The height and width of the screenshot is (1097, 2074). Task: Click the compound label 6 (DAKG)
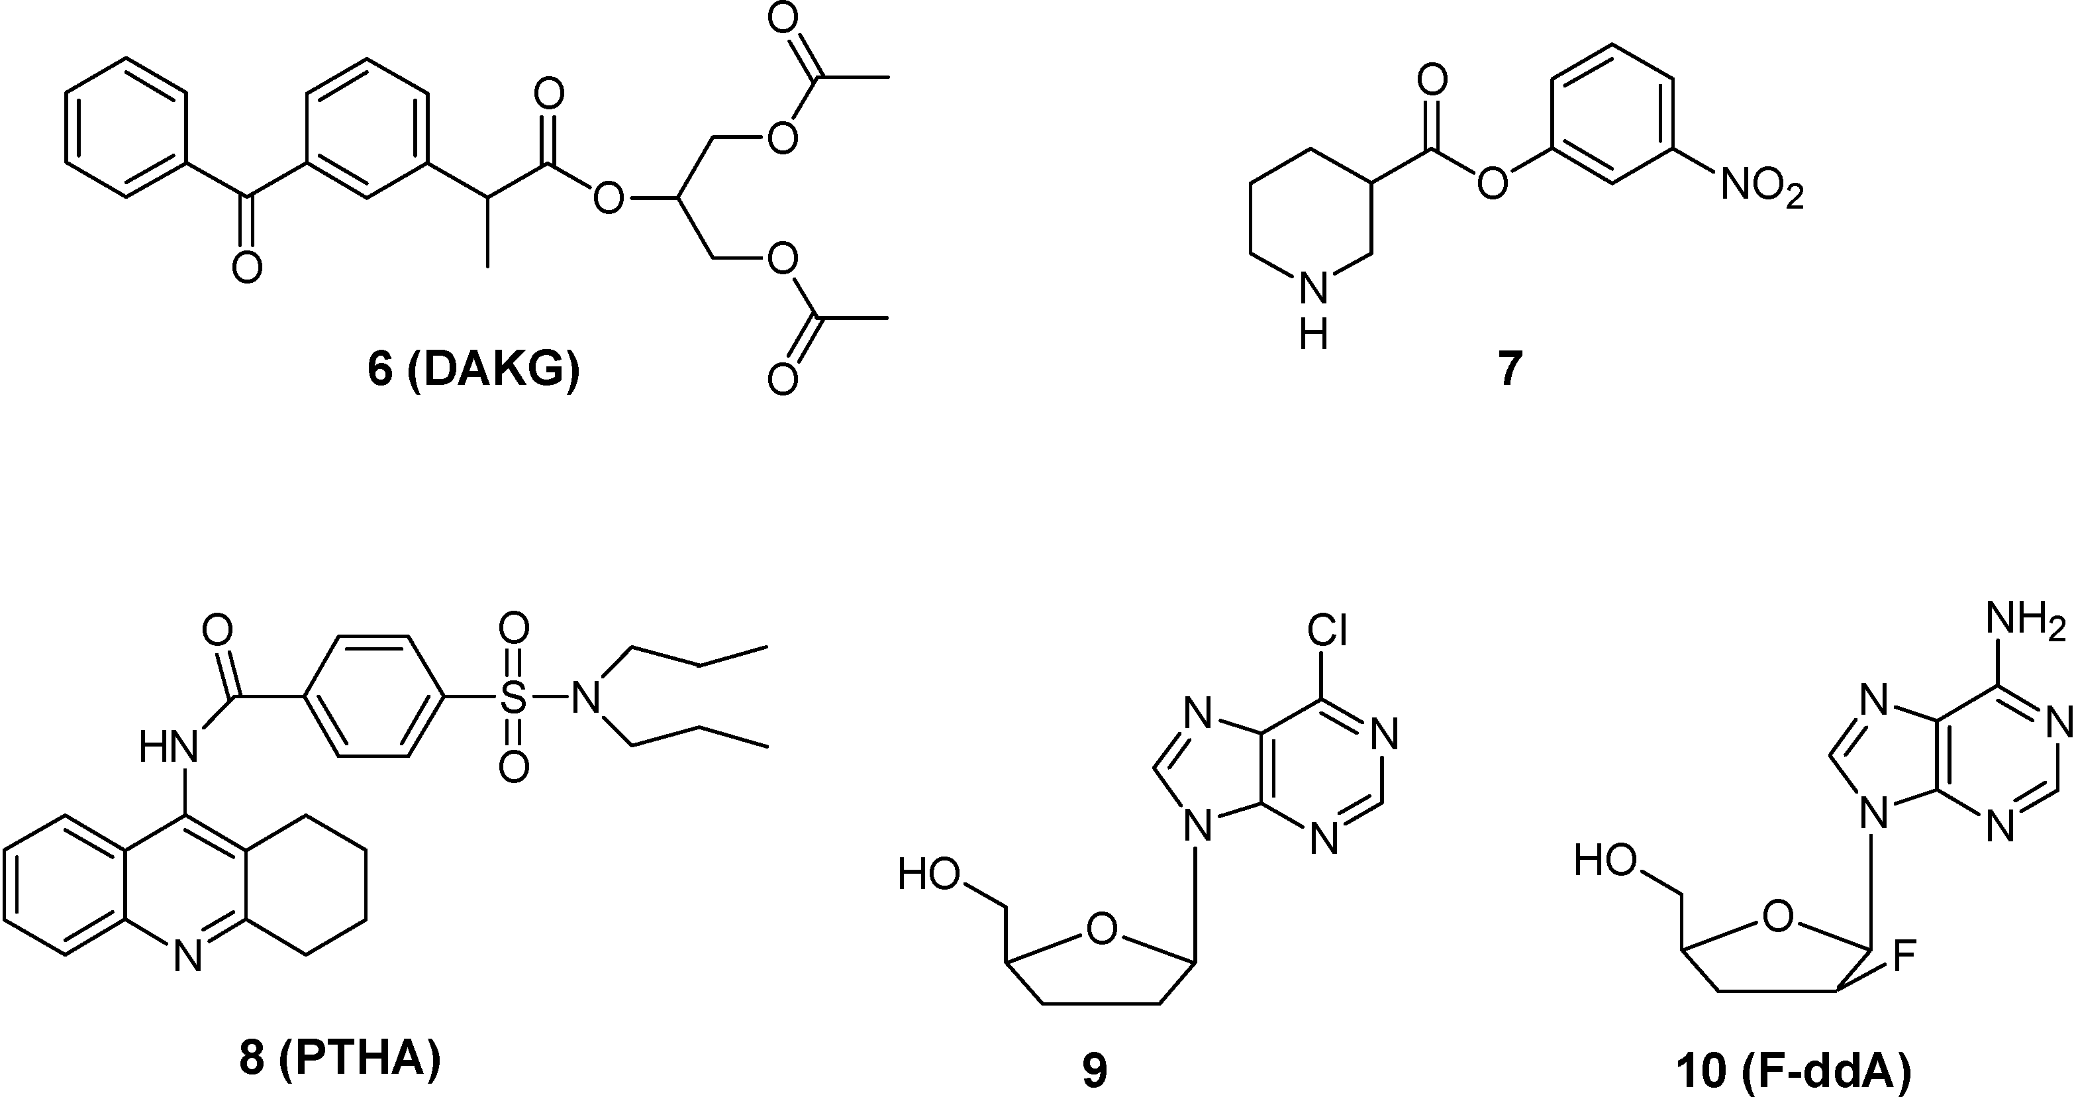tap(473, 370)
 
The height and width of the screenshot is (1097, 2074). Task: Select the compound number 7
tap(1510, 369)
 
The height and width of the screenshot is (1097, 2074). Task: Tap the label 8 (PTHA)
tap(340, 1059)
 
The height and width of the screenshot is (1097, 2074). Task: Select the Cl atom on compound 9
tap(1327, 631)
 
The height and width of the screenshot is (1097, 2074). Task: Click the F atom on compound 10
tap(1905, 957)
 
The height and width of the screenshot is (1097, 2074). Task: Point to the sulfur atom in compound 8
tap(514, 698)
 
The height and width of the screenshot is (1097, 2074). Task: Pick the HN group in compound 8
tap(168, 747)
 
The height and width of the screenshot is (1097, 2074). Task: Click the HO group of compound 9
tap(930, 874)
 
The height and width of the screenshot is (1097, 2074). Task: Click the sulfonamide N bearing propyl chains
tap(587, 698)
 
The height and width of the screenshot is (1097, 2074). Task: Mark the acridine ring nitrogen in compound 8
tap(187, 957)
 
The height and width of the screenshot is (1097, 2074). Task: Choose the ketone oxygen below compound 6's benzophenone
tap(247, 266)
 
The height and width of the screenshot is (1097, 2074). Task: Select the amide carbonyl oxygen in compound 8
tap(217, 630)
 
